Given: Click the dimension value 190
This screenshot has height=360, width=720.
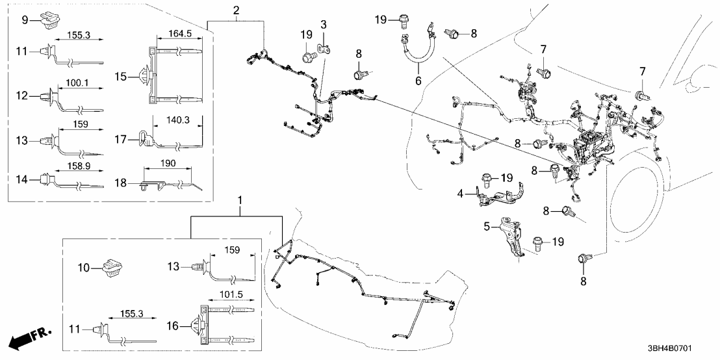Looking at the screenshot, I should pos(168,163).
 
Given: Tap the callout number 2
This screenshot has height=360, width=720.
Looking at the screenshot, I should pos(235,11).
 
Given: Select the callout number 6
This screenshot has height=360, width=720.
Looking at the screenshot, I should pos(418,81).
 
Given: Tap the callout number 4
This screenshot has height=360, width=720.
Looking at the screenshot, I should pos(459,193).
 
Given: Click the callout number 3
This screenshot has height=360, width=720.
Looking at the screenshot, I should pos(323,25).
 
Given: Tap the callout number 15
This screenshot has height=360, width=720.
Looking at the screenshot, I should pos(122,76).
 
